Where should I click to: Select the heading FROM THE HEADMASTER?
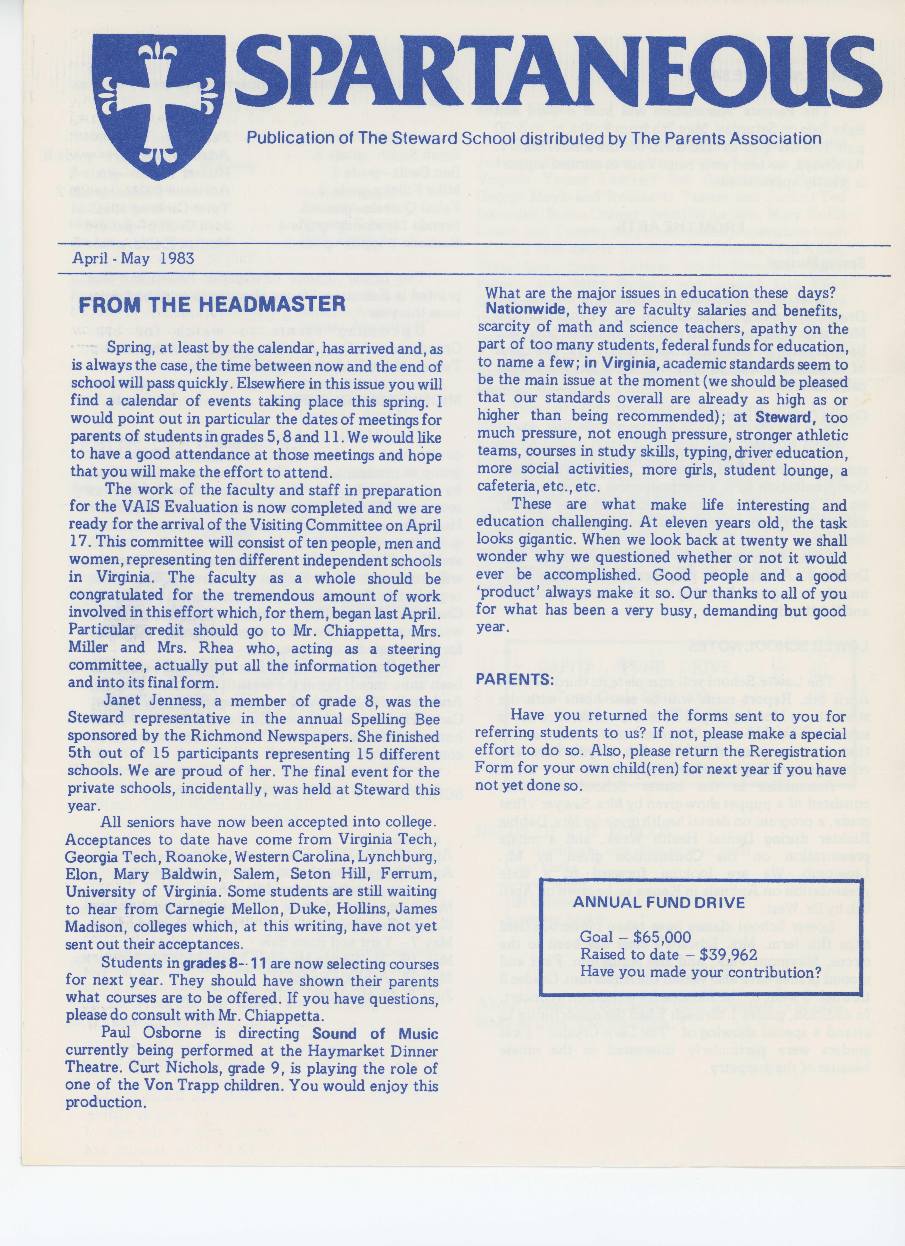click(212, 304)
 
